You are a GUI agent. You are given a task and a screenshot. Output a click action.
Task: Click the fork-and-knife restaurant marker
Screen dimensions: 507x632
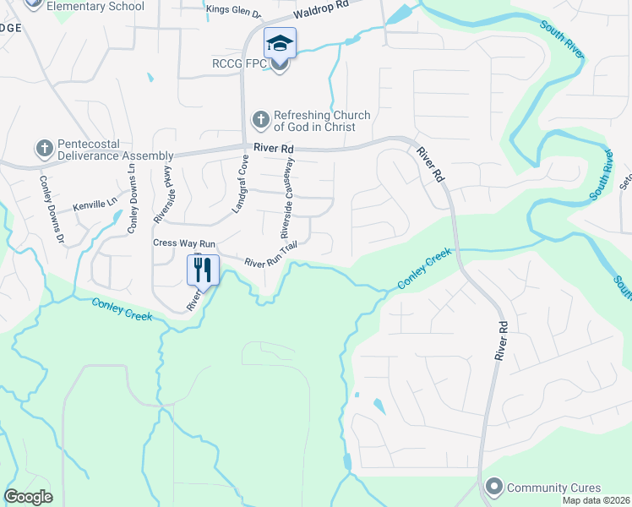point(202,270)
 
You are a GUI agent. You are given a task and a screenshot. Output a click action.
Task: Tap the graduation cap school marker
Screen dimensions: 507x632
point(280,41)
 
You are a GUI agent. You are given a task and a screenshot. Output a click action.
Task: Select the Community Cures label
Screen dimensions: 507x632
point(554,488)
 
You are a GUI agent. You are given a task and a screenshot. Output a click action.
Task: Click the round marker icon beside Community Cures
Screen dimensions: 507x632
point(493,488)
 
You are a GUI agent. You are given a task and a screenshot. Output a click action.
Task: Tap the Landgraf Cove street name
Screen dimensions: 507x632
point(241,183)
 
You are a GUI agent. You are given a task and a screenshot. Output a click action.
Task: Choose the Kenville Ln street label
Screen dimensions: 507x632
point(92,205)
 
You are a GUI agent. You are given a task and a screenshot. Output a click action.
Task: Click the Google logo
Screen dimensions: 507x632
point(29,497)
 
